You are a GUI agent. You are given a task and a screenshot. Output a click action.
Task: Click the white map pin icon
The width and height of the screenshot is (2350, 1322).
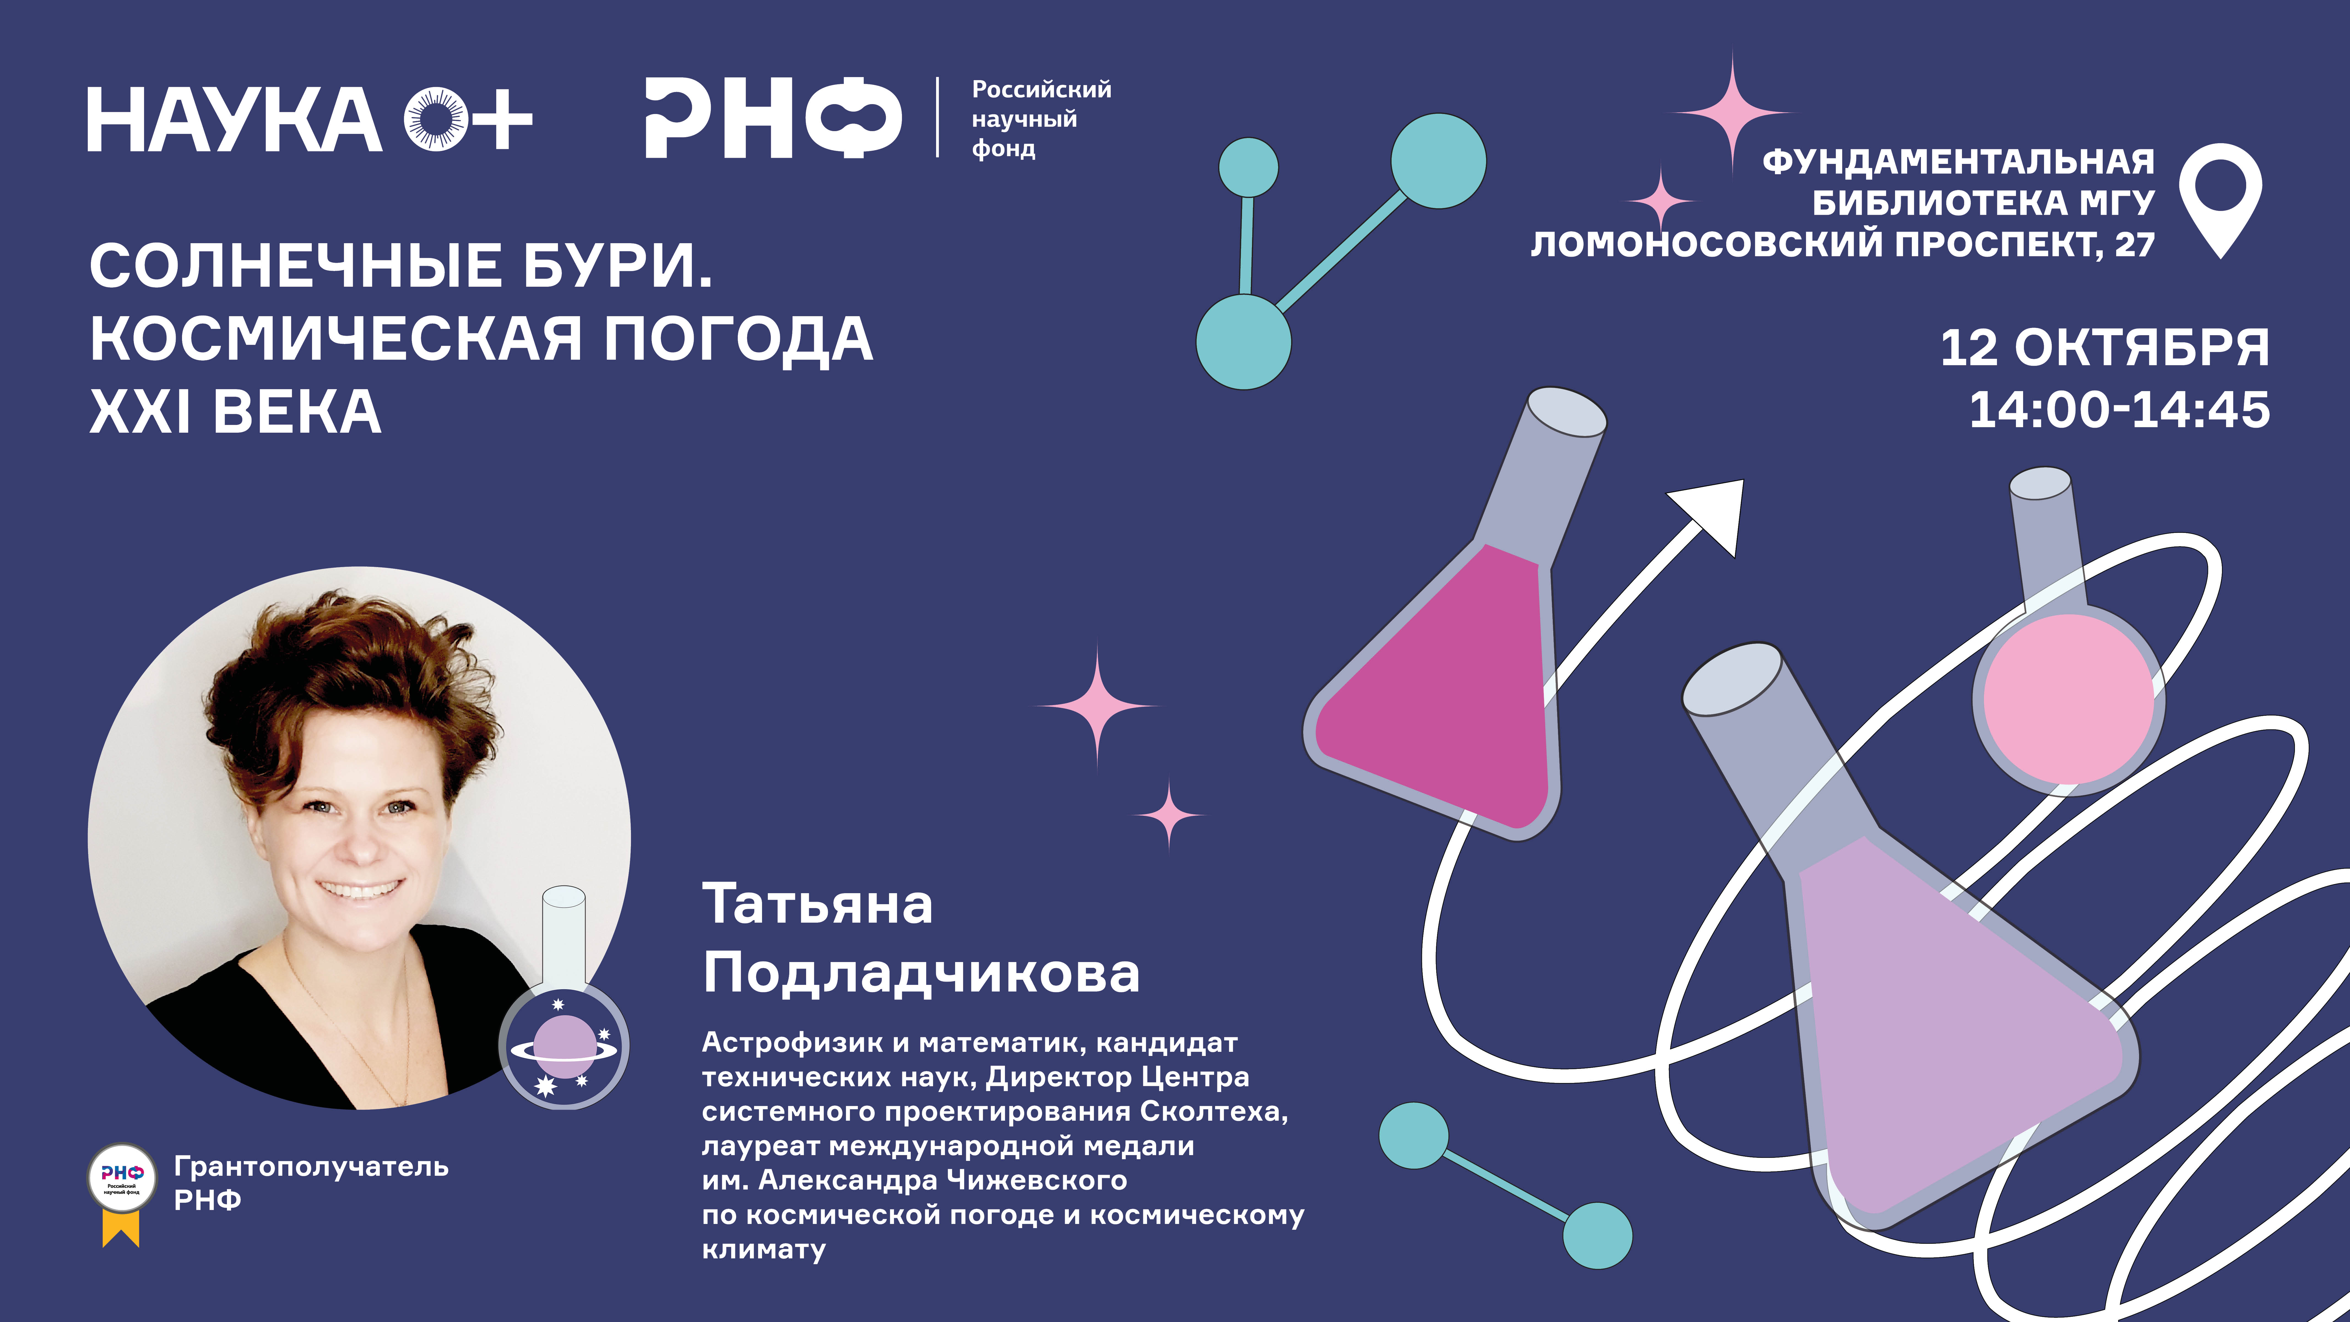(2221, 200)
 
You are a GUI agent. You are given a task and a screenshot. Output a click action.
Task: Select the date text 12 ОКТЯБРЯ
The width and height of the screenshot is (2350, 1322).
(2105, 348)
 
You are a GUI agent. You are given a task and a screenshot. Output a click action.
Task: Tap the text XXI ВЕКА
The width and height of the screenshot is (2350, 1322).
(235, 411)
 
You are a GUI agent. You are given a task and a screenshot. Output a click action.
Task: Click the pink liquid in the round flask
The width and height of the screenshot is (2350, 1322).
(2068, 698)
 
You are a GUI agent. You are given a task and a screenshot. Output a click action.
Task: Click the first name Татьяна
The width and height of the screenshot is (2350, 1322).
(817, 904)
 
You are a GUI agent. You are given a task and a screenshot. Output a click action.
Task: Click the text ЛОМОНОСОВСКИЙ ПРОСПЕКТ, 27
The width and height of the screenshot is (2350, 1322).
(1843, 245)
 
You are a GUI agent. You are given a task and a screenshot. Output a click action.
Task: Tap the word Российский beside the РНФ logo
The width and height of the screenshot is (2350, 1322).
(1041, 90)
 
